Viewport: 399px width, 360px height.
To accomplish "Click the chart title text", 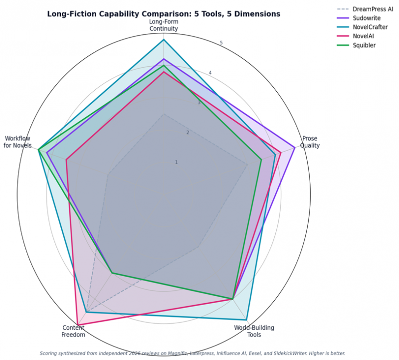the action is pos(164,14).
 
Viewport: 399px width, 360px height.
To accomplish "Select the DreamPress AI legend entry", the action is pos(365,9).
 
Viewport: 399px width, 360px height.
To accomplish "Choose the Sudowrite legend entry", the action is pos(359,18).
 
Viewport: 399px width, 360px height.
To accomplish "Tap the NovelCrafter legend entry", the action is pos(363,27).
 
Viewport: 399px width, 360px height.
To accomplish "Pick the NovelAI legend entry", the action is pos(355,36).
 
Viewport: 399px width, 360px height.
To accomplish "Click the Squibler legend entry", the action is pos(356,45).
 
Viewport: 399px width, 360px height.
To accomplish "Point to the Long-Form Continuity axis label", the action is pos(164,25).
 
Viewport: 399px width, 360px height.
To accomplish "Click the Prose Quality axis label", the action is pos(310,142).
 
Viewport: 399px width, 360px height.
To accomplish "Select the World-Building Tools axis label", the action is pos(254,331).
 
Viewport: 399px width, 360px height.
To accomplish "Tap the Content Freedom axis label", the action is pos(73,331).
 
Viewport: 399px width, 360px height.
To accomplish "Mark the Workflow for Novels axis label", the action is pos(17,142).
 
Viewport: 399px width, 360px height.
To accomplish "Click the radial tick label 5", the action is pos(221,43).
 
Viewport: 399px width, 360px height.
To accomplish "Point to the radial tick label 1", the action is pos(176,163).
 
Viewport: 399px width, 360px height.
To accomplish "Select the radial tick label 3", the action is pos(199,103).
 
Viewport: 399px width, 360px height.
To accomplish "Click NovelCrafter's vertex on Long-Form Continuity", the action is pos(164,40).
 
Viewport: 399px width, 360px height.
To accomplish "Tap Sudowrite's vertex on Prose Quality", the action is pos(295,148).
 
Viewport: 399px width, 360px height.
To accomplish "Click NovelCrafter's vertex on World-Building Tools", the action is pos(246,320).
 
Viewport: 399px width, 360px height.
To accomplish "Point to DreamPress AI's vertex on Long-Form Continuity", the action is pos(164,114).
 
